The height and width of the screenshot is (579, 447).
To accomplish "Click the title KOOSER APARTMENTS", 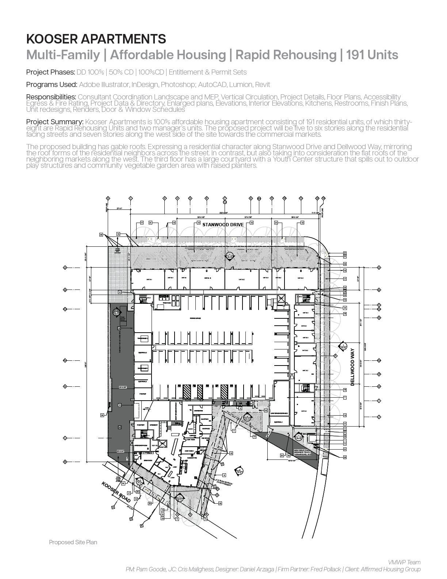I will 96,39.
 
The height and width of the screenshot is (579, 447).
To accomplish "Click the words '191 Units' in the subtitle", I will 372,55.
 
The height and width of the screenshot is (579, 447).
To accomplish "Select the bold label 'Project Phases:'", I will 50,72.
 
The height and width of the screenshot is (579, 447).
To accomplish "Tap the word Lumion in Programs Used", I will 240,84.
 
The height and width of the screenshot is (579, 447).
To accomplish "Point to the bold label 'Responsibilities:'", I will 51,97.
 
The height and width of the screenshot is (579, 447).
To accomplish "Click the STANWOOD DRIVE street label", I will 223,224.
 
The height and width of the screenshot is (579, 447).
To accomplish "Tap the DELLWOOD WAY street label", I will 352,367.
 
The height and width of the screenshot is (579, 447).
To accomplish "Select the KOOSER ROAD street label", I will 116,492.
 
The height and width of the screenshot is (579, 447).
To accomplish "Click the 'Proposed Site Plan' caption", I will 73,542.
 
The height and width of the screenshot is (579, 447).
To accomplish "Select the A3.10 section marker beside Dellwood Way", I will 343,347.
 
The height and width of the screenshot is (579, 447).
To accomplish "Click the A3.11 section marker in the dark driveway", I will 116,312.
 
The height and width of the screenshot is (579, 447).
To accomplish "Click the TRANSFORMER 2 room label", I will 142,339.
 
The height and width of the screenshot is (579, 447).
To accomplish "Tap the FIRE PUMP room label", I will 142,394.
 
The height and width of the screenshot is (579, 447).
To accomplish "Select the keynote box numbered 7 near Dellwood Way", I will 345,397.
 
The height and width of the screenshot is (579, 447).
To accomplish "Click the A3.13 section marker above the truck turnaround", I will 298,437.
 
